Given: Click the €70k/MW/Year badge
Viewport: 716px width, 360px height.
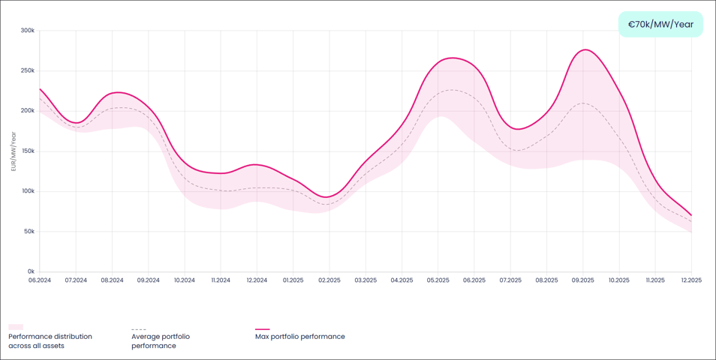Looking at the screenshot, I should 660,24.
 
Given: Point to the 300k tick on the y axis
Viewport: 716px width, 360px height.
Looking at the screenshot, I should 28,31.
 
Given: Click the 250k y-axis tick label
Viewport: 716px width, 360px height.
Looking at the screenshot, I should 28,70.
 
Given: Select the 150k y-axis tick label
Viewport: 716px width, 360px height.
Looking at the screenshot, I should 28,151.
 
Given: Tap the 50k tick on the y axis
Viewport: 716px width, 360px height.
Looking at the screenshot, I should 29,231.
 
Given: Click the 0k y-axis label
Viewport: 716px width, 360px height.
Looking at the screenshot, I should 31,271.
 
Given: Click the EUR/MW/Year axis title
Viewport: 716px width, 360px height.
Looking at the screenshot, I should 13,151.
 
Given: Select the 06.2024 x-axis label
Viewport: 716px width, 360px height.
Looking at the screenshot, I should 39,280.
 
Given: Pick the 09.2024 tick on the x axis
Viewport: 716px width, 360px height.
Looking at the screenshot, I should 148,280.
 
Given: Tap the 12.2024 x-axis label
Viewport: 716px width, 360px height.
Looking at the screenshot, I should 257,280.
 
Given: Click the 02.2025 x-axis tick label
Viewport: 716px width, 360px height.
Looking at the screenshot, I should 329,280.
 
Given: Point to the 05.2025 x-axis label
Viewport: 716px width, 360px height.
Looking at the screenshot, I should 438,280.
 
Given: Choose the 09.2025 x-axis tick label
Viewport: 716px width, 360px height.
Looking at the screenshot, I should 582,280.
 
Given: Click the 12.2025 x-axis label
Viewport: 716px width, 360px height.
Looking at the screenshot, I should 691,280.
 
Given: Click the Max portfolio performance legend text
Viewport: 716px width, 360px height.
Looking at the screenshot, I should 300,337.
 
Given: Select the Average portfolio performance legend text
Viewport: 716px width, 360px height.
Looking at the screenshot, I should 161,341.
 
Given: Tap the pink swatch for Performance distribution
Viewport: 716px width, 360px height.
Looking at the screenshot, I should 16,328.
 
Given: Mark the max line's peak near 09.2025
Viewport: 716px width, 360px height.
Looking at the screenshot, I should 585,50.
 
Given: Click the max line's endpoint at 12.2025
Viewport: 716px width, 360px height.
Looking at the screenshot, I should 690,215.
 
